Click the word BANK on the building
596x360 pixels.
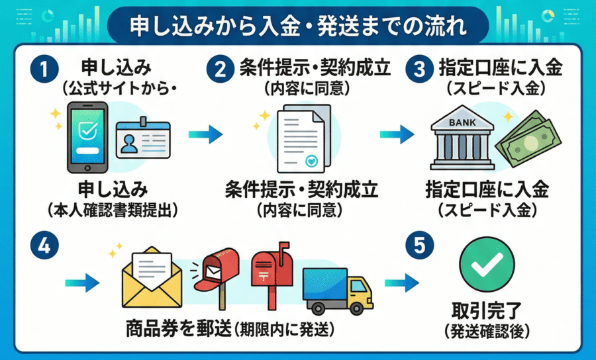pyautogui.click(x=462, y=123)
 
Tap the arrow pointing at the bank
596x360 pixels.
pyautogui.click(x=396, y=135)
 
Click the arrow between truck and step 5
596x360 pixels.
pyautogui.click(x=401, y=283)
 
